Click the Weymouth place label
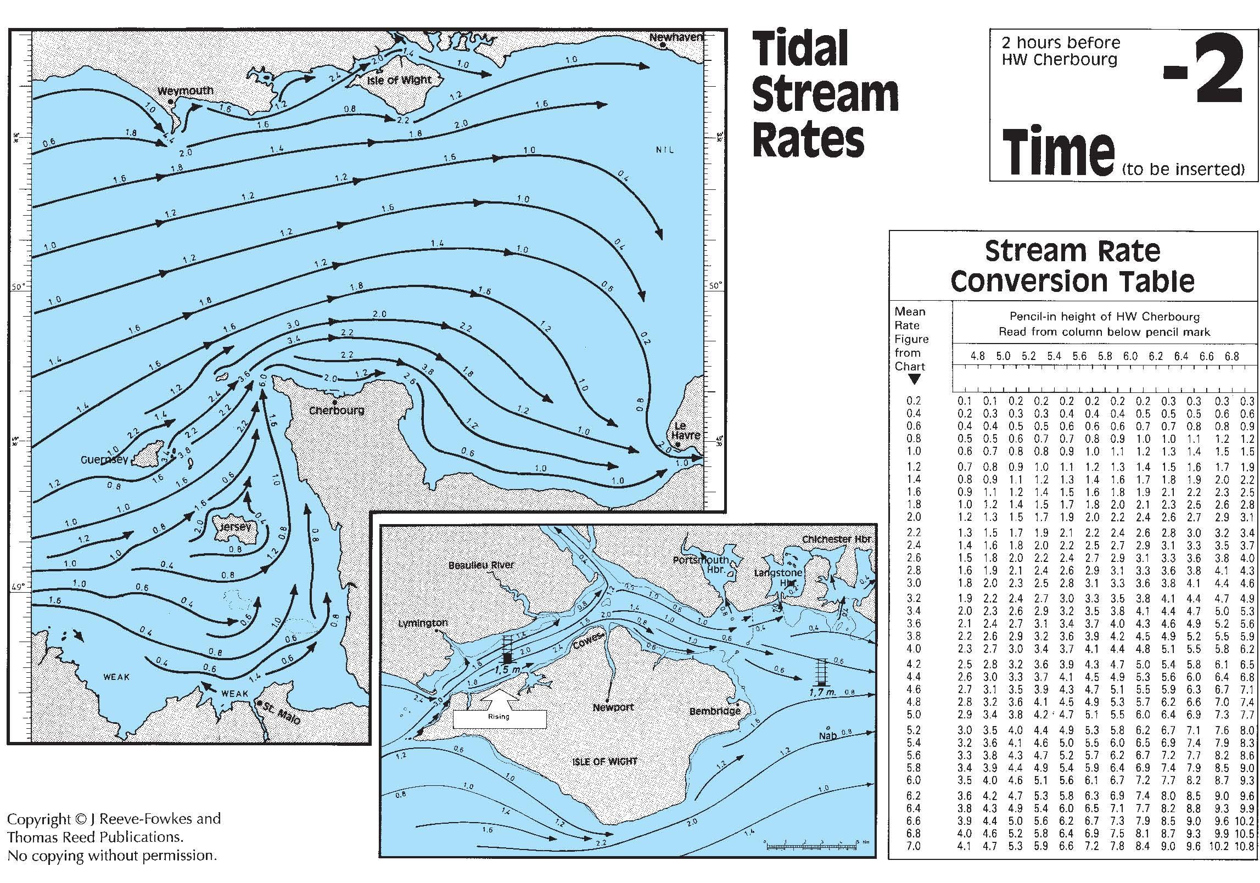(x=185, y=91)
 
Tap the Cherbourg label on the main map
(x=337, y=410)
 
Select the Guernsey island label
(x=104, y=459)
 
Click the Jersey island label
(x=235, y=527)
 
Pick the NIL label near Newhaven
(x=664, y=150)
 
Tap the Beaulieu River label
(x=481, y=565)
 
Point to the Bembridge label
(x=715, y=711)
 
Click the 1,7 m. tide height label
(x=822, y=692)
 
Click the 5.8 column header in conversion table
(x=1105, y=356)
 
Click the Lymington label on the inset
(x=423, y=623)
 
